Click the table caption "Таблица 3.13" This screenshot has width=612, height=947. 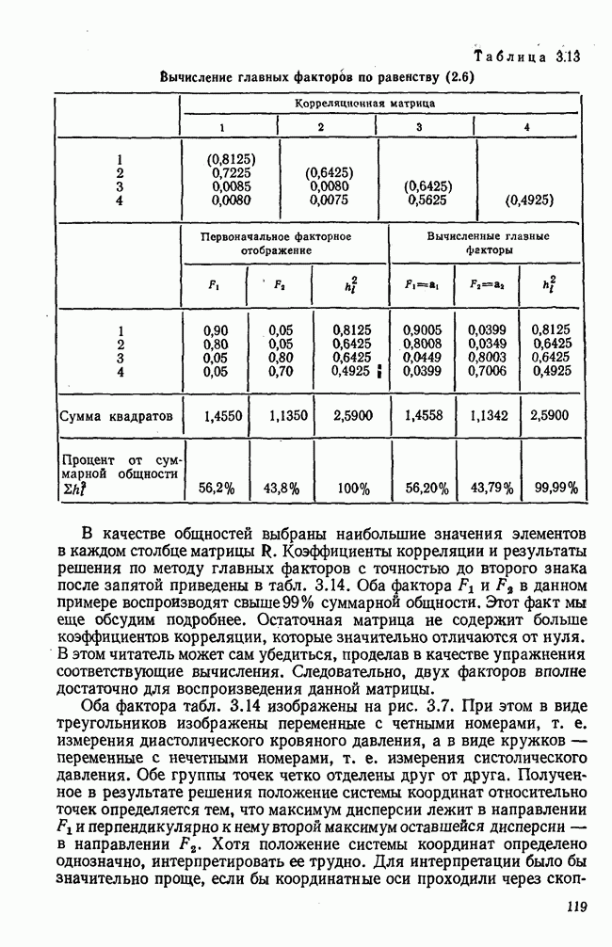528,56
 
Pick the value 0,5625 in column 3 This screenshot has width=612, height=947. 427,201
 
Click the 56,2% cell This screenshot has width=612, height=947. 217,488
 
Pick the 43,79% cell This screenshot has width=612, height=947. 491,488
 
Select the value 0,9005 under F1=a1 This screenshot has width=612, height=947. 422,330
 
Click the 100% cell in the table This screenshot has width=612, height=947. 354,488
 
